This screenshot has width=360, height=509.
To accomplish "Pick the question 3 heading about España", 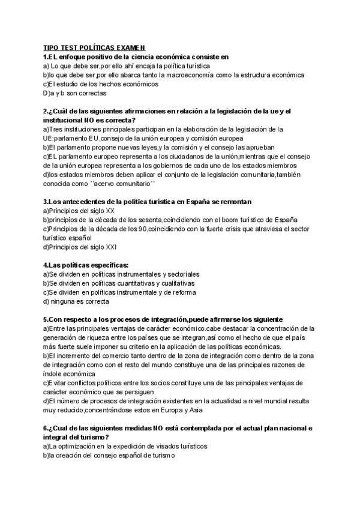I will pyautogui.click(x=148, y=202).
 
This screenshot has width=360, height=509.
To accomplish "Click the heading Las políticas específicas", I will pyautogui.click(x=86, y=265).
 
